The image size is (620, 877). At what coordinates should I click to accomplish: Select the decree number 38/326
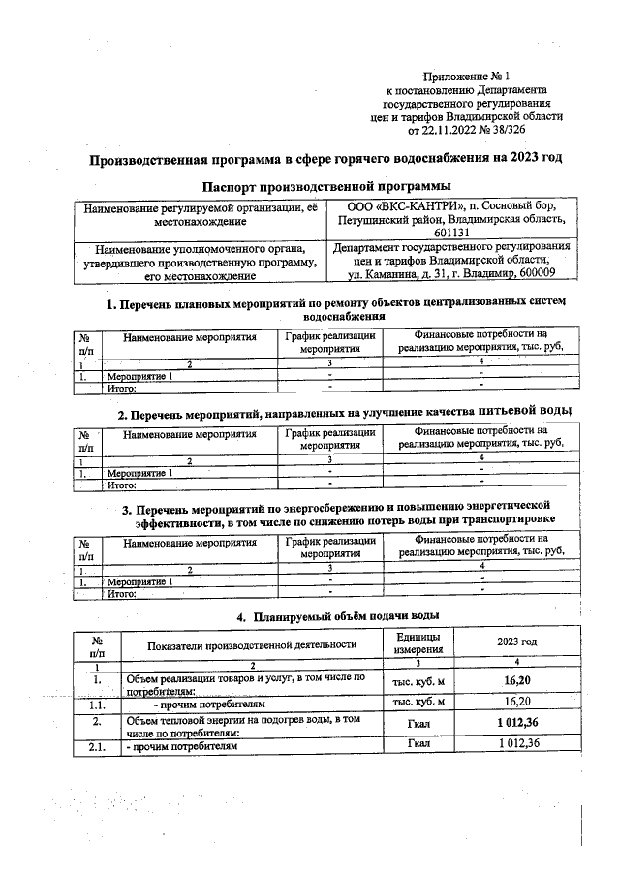(x=529, y=129)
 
